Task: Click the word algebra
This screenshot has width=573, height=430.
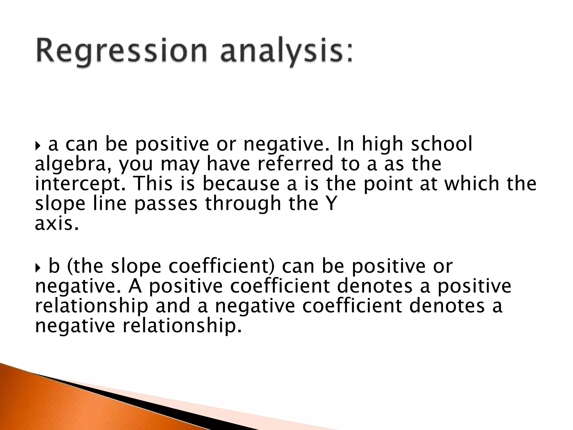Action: click(x=71, y=165)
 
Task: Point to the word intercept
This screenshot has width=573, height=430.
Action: click(x=80, y=184)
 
